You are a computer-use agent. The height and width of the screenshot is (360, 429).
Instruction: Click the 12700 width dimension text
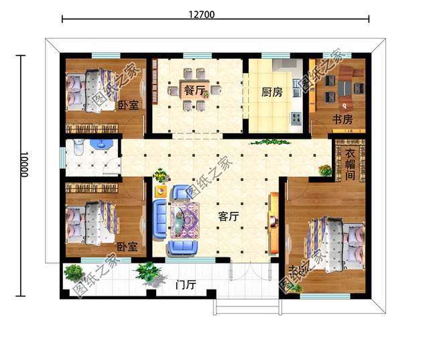(215, 14)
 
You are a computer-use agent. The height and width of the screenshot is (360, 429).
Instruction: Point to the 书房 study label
(343, 119)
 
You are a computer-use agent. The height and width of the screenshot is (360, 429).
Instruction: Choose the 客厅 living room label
(230, 217)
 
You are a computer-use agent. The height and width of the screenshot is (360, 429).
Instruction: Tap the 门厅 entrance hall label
(184, 284)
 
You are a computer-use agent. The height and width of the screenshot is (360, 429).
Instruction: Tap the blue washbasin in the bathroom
(99, 145)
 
